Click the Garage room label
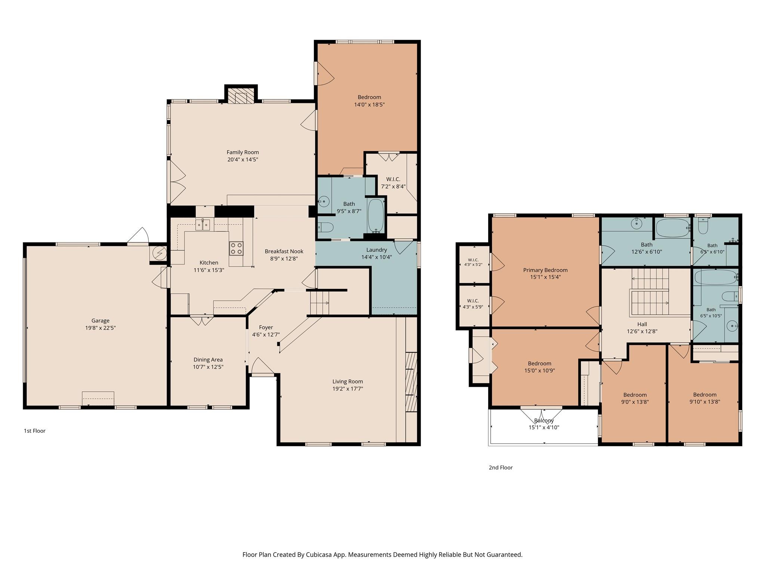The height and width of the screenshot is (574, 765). pyautogui.click(x=100, y=321)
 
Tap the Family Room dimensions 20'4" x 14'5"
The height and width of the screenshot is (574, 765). pyautogui.click(x=243, y=160)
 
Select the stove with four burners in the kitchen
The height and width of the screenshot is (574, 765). pyautogui.click(x=236, y=249)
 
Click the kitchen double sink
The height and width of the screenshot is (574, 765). pyautogui.click(x=203, y=225)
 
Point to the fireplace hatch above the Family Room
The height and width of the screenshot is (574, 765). pyautogui.click(x=241, y=95)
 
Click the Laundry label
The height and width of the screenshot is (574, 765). pyautogui.click(x=377, y=250)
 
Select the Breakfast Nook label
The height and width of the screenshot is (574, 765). pyautogui.click(x=284, y=251)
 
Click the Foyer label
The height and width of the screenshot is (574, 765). pyautogui.click(x=266, y=328)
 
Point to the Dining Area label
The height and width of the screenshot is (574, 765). pyautogui.click(x=208, y=360)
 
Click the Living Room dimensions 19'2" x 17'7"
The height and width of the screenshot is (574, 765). pyautogui.click(x=348, y=389)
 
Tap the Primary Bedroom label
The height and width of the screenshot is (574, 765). pyautogui.click(x=545, y=270)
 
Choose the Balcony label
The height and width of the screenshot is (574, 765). pyautogui.click(x=544, y=421)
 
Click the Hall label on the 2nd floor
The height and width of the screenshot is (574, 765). pyautogui.click(x=642, y=324)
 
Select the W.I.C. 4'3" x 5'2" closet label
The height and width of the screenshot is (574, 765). pyautogui.click(x=473, y=262)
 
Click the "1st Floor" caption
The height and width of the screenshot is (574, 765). pyautogui.click(x=35, y=431)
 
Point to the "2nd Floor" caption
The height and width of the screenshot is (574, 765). pyautogui.click(x=501, y=467)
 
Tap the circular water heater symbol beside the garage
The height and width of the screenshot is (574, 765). pyautogui.click(x=159, y=253)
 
